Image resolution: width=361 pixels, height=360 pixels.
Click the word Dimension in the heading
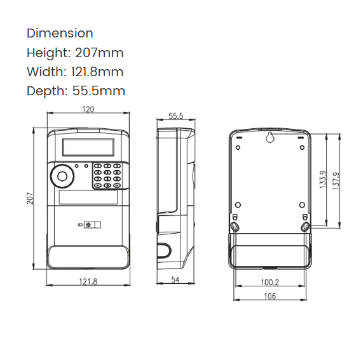point(60,33)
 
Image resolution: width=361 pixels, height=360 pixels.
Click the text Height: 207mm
point(75,53)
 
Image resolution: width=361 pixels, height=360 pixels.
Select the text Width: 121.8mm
point(75,72)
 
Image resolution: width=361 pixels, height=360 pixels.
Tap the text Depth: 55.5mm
point(76,91)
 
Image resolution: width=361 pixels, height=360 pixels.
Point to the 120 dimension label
point(88,110)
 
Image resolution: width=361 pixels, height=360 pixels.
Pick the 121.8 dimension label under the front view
point(88,281)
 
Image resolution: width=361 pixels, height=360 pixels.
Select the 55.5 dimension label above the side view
point(176,116)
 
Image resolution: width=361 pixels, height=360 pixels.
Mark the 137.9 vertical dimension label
point(336,181)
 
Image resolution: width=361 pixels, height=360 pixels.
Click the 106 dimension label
point(269,297)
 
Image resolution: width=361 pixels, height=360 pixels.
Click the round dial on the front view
point(62,177)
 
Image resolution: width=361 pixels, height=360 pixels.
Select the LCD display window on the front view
point(88,150)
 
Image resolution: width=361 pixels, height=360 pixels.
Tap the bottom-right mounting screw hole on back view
point(305,226)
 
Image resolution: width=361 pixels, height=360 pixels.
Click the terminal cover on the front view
point(88,257)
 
